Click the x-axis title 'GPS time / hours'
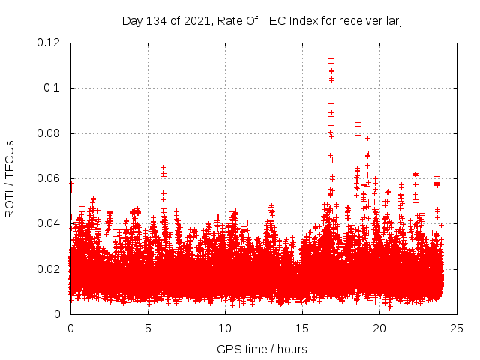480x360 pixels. tap(262, 349)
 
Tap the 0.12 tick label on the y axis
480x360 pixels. tap(49, 43)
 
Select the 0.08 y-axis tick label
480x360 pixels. tap(49, 133)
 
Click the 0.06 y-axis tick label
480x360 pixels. tap(49, 178)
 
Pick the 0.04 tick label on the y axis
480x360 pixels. tap(49, 223)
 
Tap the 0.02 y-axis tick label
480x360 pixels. tap(49, 269)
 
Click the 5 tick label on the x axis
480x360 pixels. tap(148, 328)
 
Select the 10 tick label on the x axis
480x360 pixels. tap(225, 328)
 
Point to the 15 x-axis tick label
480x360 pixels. tap(302, 328)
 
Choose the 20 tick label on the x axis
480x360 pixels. tap(379, 328)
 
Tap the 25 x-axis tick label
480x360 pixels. tap(457, 328)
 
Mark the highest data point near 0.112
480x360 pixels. tap(331, 58)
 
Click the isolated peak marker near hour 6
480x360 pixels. tap(163, 168)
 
